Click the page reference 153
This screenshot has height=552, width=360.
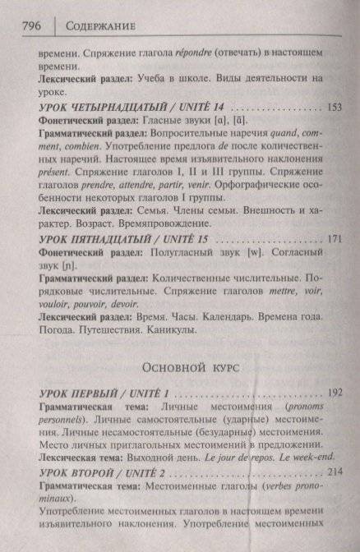334,107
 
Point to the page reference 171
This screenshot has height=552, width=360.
334,238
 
